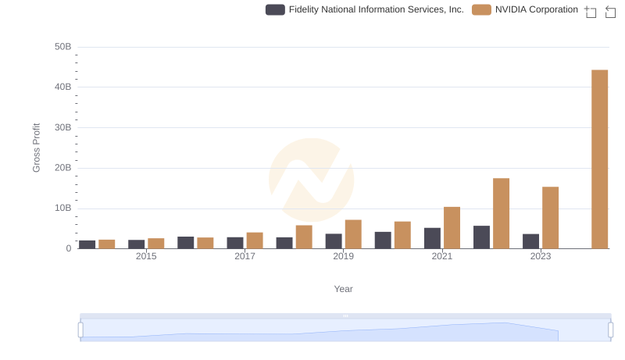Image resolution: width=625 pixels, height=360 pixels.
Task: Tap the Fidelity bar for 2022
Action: [x=481, y=237]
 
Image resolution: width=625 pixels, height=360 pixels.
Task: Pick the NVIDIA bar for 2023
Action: [x=550, y=218]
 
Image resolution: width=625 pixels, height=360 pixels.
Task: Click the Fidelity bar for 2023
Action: [x=530, y=241]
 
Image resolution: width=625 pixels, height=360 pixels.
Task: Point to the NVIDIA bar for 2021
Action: [x=452, y=228]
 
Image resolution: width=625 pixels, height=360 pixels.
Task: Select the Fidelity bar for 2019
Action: [x=334, y=241]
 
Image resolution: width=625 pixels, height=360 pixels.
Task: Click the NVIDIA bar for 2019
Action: [x=353, y=234]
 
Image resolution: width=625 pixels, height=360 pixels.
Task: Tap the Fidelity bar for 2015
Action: [x=137, y=244]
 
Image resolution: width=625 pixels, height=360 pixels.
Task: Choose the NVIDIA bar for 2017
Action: [x=255, y=241]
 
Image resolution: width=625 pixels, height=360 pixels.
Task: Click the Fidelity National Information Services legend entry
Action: [x=365, y=10]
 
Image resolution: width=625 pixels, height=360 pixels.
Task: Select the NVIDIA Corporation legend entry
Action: [x=526, y=10]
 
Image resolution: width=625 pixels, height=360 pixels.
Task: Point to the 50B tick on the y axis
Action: [x=62, y=47]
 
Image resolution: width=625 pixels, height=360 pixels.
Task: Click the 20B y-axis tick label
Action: [x=62, y=168]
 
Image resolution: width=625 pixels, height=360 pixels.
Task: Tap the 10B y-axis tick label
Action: [x=62, y=209]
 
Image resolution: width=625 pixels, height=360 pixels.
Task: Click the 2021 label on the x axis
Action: [x=442, y=256]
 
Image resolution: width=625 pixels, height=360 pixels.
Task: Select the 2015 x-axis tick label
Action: [x=146, y=256]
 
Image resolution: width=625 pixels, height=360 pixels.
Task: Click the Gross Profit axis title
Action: [x=36, y=148]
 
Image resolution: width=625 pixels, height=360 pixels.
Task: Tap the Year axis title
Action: [x=343, y=289]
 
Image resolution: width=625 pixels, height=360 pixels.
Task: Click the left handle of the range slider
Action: [x=80, y=330]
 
